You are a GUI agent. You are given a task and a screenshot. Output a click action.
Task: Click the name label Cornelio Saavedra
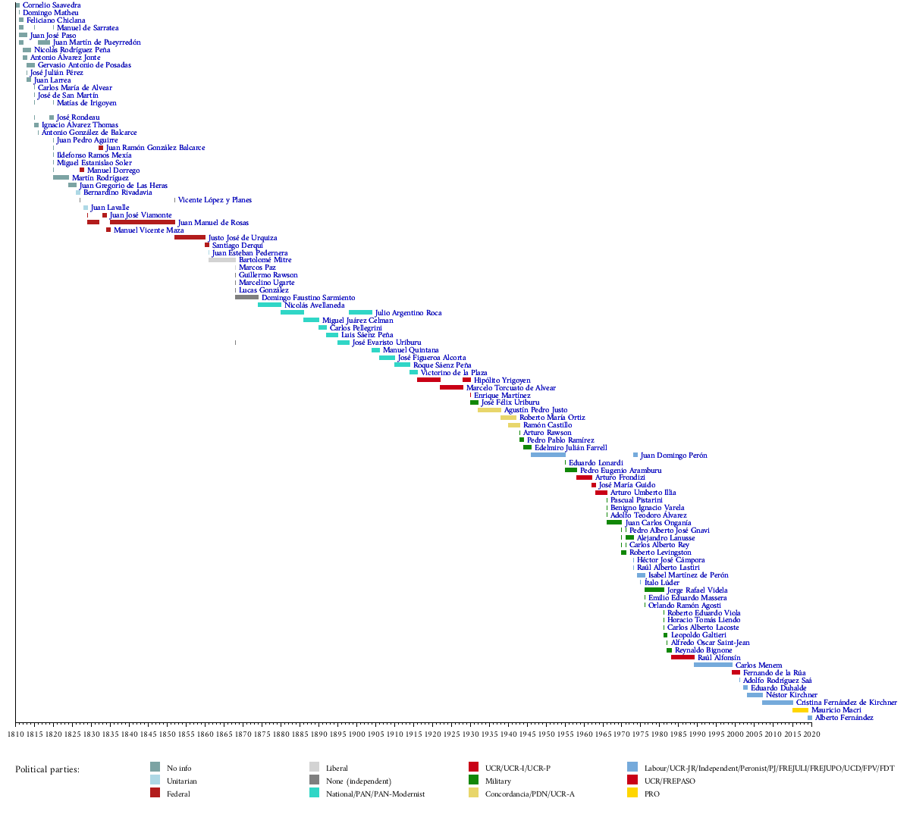coord(52,5)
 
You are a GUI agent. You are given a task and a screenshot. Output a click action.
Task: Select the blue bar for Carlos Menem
coord(713,665)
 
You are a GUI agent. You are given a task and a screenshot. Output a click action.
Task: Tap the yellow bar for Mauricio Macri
coord(800,710)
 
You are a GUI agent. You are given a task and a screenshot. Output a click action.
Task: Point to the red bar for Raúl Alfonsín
coord(682,657)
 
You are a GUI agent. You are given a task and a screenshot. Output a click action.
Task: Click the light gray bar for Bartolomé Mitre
coord(222,260)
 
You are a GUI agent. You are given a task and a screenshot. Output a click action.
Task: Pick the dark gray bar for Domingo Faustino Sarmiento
coord(246,297)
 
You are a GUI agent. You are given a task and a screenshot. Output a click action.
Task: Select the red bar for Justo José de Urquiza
coord(190,237)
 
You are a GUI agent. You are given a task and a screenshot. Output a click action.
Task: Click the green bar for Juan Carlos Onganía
coord(614,522)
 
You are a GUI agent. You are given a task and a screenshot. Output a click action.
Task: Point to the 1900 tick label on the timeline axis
coord(356,734)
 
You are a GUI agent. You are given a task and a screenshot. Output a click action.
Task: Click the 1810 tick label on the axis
coord(15,734)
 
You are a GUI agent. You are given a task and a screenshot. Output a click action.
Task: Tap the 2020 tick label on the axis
coord(811,734)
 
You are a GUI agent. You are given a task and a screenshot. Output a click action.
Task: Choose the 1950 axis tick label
coord(546,734)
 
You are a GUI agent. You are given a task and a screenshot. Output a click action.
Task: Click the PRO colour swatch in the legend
coord(632,793)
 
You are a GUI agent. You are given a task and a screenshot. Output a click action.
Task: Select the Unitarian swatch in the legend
coord(155,780)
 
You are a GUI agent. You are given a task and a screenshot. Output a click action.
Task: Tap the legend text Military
coord(497,781)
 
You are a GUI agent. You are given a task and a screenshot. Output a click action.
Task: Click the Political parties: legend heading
coord(47,769)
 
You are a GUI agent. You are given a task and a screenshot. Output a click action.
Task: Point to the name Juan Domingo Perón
coord(673,456)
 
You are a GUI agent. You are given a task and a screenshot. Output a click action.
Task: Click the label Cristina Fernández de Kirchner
coord(846,703)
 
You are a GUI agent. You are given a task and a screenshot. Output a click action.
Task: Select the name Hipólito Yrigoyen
coord(502,380)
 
